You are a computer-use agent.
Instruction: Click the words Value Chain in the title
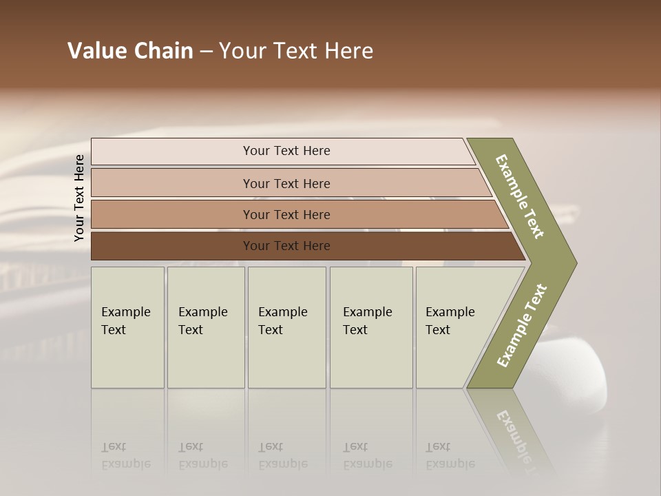point(130,51)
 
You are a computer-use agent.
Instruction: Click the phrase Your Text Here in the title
point(296,51)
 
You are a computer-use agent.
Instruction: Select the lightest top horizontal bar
point(172,151)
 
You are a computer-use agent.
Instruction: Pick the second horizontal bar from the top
point(172,183)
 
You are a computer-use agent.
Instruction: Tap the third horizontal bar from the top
point(172,214)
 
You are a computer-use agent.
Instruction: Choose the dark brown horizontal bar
point(172,246)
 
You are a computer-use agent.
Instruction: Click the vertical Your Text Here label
point(79,198)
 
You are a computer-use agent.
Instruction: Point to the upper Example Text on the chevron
point(520,196)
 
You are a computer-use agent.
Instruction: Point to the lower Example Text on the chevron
point(522,325)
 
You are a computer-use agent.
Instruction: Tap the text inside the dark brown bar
point(286,246)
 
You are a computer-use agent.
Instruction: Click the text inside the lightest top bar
point(286,151)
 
